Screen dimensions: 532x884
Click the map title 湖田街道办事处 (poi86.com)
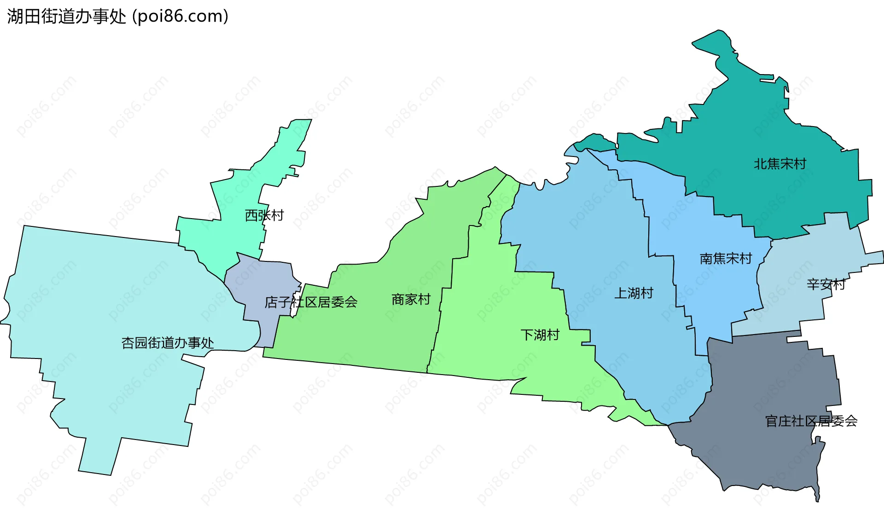[117, 17]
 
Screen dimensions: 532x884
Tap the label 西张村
[264, 215]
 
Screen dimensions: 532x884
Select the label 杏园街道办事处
[168, 342]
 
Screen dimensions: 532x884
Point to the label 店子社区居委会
[311, 302]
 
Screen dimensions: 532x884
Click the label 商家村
[411, 300]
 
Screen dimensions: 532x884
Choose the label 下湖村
[540, 335]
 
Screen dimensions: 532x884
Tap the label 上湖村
[634, 293]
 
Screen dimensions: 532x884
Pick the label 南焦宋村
[726, 258]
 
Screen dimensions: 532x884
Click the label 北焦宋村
[780, 163]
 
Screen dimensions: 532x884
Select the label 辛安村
[826, 284]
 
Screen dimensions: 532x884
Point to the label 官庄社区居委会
[811, 421]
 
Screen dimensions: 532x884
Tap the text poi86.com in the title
[180, 17]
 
